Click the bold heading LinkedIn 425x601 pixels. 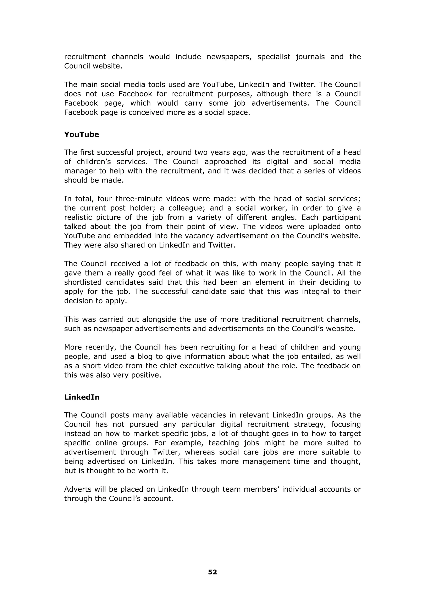pyautogui.click(x=82, y=397)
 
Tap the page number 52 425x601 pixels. pyautogui.click(x=212, y=572)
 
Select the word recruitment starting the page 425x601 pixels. pyautogui.click(x=85, y=57)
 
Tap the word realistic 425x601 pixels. pyautogui.click(x=78, y=217)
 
